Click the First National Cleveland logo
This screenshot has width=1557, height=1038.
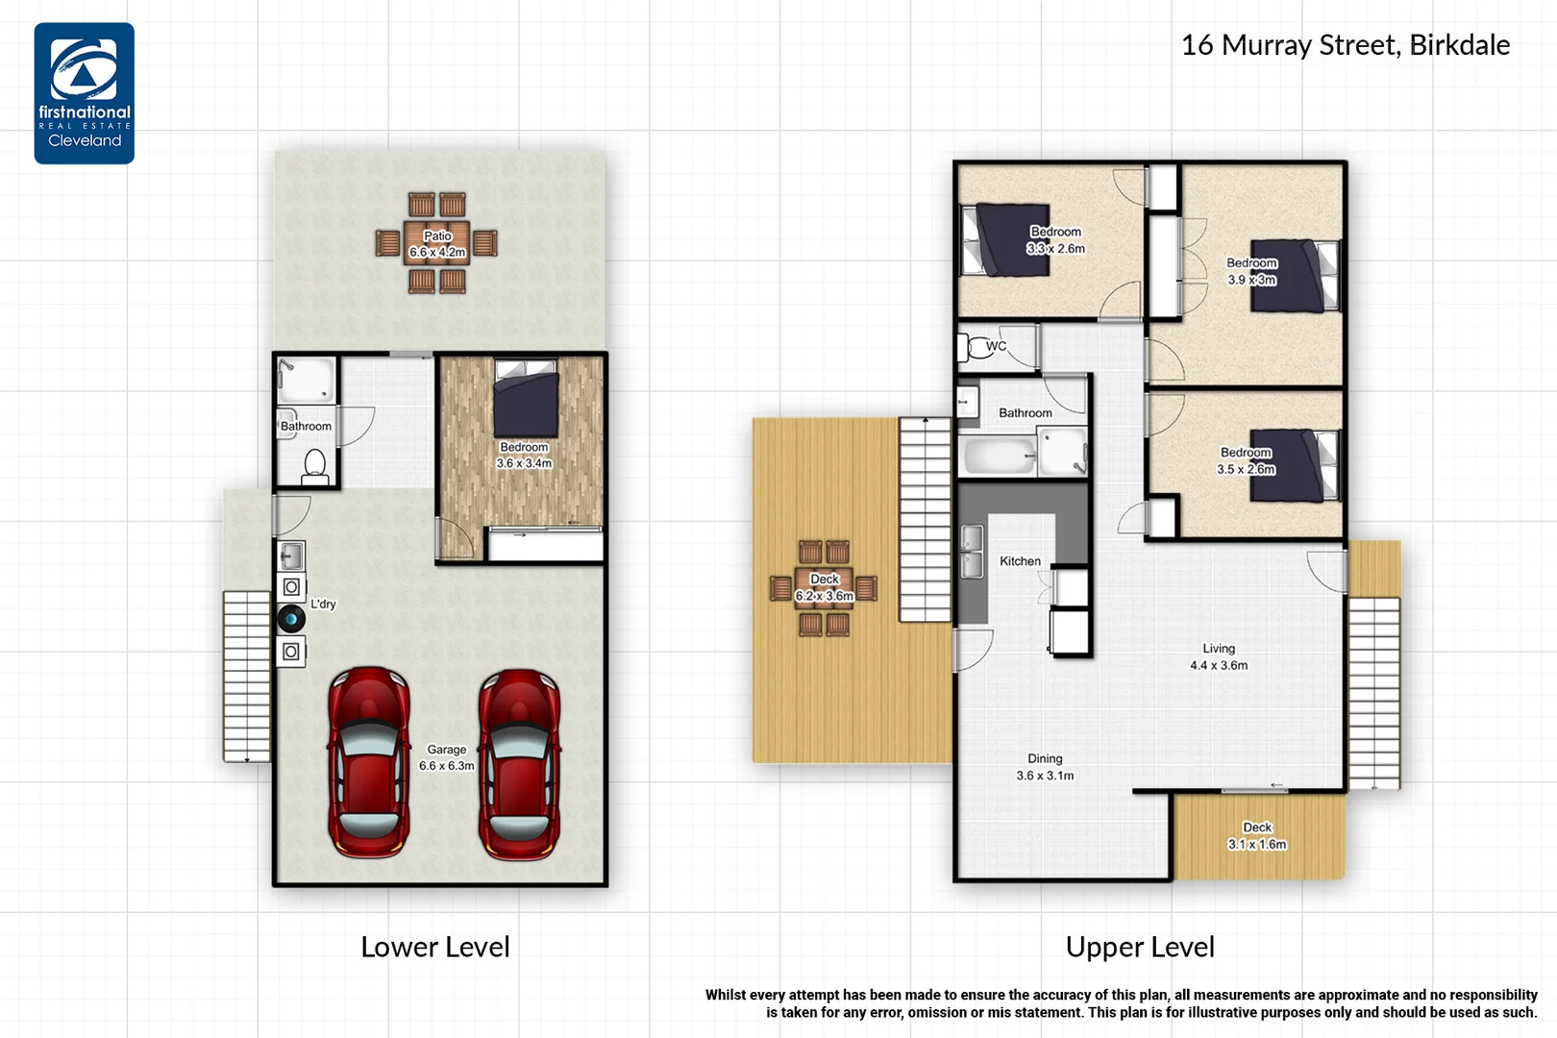click(x=85, y=93)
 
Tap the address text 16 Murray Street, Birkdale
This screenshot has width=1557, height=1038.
click(x=1346, y=45)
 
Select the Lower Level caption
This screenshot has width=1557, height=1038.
click(x=435, y=947)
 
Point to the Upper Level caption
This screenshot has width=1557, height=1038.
click(x=1140, y=947)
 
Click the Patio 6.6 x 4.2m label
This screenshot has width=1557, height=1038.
click(x=438, y=244)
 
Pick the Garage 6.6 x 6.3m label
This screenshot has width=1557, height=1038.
click(x=446, y=757)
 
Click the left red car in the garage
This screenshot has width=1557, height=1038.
click(x=368, y=762)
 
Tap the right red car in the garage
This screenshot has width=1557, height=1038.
click(x=519, y=763)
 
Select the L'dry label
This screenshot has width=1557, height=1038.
click(x=323, y=605)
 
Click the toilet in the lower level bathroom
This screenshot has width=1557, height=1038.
click(x=315, y=466)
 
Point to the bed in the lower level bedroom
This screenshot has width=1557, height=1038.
click(x=526, y=398)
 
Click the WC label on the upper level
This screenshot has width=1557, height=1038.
click(x=996, y=346)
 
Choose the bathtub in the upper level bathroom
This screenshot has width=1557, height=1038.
click(x=999, y=456)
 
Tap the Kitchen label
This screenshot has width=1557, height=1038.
click(x=1020, y=561)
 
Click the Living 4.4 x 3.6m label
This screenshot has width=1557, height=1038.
click(x=1219, y=657)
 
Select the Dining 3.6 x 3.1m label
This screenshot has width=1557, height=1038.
click(x=1045, y=767)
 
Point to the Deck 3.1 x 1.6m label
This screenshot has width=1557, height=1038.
click(x=1257, y=835)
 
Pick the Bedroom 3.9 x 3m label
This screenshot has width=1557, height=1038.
click(x=1251, y=271)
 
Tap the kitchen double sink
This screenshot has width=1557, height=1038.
click(x=973, y=552)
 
